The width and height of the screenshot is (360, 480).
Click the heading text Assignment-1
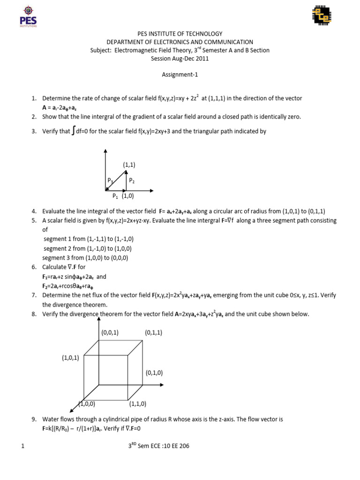click(x=180, y=74)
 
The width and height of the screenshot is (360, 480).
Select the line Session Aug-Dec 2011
click(x=180, y=59)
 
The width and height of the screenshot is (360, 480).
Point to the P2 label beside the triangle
click(x=132, y=180)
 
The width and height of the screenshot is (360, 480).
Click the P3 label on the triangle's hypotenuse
click(x=110, y=180)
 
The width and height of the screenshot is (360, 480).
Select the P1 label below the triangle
click(x=115, y=196)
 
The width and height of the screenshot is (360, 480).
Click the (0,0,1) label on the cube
click(x=110, y=332)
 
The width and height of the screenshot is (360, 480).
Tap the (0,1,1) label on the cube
click(x=154, y=332)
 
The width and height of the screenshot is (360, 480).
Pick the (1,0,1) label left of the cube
click(x=70, y=357)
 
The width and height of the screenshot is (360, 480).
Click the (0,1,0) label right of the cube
click(x=154, y=373)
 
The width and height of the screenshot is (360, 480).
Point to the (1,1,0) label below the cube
click(x=138, y=403)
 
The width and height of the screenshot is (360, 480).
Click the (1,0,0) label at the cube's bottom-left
click(x=87, y=403)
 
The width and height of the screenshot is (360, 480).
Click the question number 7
click(x=34, y=295)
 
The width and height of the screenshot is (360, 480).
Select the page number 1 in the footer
click(x=22, y=446)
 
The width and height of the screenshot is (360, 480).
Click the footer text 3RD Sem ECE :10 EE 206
click(x=159, y=446)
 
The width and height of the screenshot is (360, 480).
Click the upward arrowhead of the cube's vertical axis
click(x=98, y=319)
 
